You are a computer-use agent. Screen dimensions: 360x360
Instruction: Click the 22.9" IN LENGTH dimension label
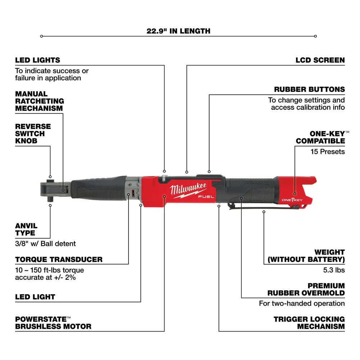tap(178, 31)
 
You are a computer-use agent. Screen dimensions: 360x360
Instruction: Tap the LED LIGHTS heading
tap(37, 60)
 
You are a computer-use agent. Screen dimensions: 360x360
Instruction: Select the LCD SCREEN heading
tap(320, 60)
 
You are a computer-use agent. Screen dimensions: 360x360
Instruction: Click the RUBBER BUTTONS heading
tap(314, 89)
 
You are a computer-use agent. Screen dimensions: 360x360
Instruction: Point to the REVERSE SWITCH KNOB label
tap(33, 134)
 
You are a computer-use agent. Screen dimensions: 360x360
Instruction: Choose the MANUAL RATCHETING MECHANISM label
tap(39, 101)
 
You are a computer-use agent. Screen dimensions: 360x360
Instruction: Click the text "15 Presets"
tap(328, 152)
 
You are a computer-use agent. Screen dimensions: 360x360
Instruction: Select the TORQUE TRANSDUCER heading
tap(59, 259)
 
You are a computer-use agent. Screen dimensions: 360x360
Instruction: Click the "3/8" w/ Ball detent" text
tap(45, 244)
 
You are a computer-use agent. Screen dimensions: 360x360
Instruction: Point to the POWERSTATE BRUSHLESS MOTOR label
tap(53, 323)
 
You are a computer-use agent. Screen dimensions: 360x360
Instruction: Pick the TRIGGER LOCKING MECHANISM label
tap(309, 323)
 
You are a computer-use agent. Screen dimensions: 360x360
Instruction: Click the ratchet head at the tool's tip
tap(50, 188)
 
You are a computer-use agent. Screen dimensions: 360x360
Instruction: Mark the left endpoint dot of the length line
tap(42, 36)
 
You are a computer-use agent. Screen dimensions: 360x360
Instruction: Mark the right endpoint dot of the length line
tap(315, 36)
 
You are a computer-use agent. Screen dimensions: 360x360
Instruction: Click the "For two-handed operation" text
tap(302, 303)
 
